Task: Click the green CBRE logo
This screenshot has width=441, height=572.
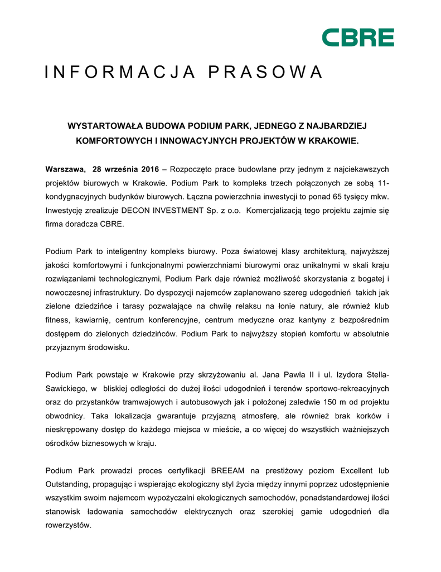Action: point(358,37)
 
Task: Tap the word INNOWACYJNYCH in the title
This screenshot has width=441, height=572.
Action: point(197,140)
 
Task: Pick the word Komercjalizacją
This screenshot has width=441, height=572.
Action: point(279,211)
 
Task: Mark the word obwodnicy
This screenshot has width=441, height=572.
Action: point(64,416)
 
